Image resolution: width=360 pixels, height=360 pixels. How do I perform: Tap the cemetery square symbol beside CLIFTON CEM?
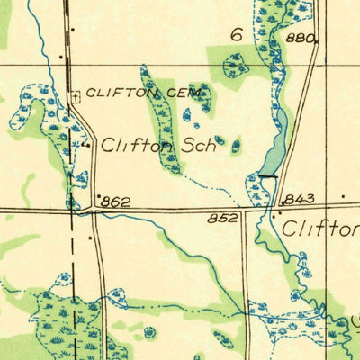pos(77,93)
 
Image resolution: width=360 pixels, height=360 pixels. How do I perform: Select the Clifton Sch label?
pos(158,145)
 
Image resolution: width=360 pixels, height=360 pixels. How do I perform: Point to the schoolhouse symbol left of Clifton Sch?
pos(87,144)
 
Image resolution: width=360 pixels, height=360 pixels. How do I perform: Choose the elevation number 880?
pos(302,39)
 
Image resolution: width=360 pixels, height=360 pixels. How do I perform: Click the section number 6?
pos(237,35)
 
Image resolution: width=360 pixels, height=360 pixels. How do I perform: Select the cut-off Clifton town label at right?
pos(320,229)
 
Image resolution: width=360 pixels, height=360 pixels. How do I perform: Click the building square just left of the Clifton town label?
pos(274,216)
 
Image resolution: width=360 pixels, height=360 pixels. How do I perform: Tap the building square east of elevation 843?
pos(344,195)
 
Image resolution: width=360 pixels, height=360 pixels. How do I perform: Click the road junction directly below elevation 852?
pos(246,211)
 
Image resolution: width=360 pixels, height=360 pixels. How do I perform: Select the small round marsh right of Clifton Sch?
pos(236,144)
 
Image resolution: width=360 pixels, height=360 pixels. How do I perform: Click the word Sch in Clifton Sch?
pos(198,145)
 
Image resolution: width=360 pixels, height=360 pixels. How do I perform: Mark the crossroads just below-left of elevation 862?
pos(92,211)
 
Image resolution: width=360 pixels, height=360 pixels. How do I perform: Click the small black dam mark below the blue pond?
pos(267,176)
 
